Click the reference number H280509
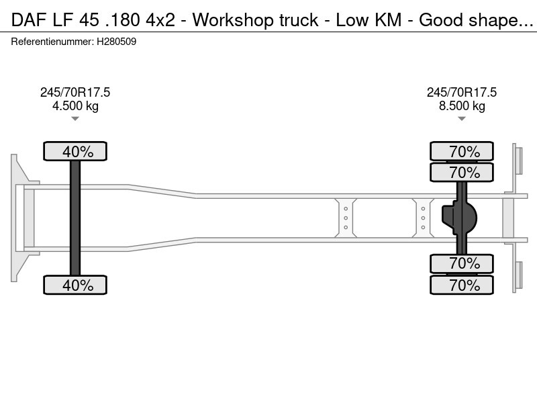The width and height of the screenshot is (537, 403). point(116,42)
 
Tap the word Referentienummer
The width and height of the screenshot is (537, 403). point(52,42)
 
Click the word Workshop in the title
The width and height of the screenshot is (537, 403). point(233,20)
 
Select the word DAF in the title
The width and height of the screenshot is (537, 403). point(29,20)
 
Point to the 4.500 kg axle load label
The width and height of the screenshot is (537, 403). point(75,106)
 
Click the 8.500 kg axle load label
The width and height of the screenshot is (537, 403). point(462,106)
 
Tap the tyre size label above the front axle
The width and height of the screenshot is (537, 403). point(75,93)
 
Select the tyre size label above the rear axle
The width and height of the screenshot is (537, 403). point(462,93)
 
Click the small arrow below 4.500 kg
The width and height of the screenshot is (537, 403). point(75,119)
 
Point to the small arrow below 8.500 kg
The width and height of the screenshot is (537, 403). point(462,119)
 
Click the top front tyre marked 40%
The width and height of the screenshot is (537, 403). point(75,151)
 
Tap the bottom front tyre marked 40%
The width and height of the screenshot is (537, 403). point(75,285)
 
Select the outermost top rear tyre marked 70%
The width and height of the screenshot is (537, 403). point(462,151)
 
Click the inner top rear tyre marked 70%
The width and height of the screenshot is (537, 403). point(462,172)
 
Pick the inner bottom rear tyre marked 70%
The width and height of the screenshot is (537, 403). point(462,263)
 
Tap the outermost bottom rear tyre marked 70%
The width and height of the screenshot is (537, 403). point(462,285)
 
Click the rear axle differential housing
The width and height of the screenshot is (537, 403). point(459,218)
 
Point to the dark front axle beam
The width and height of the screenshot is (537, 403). point(75,218)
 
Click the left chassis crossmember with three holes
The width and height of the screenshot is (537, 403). point(346,218)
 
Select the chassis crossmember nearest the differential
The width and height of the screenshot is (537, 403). point(423,218)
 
